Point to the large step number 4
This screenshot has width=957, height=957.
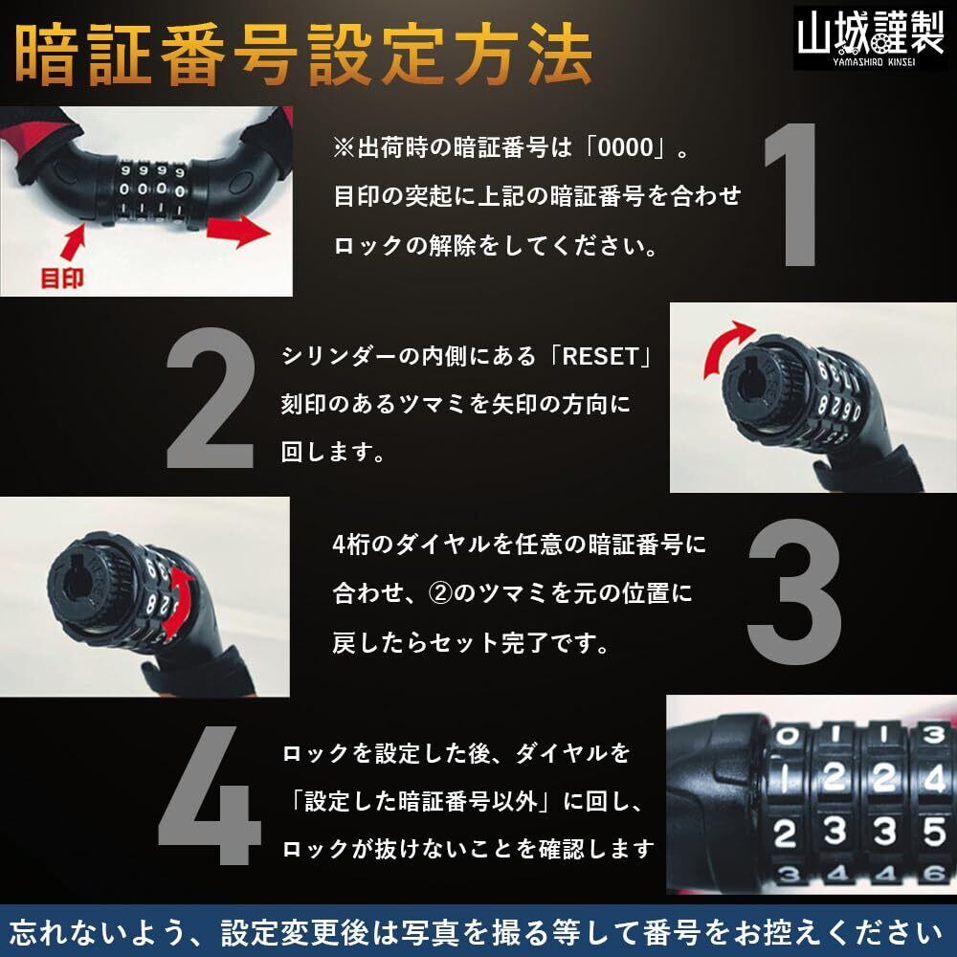point(210,795)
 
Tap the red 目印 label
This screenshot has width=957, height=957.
point(61,278)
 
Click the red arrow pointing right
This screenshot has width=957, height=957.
point(238,231)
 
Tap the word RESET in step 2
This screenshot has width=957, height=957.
point(601,356)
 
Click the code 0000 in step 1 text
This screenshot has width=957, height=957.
point(626,147)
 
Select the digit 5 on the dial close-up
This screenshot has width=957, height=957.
point(934,831)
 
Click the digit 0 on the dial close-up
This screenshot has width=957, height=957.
point(786,735)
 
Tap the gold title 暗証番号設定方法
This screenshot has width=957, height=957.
point(303,56)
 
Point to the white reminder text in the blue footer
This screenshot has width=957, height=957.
point(476,932)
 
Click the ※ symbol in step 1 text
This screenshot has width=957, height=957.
point(344,147)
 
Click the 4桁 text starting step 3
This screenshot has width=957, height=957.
point(350,544)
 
